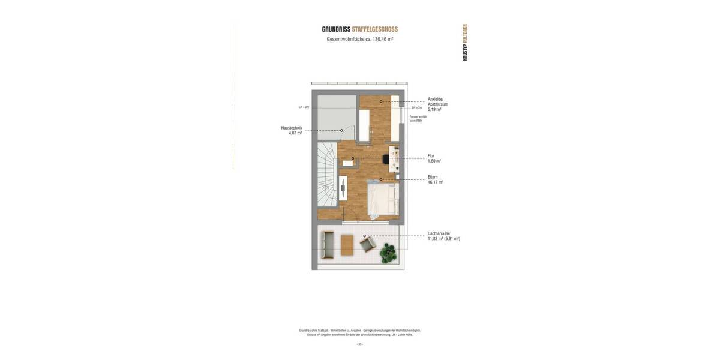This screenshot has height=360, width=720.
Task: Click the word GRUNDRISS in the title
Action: (x=336, y=29)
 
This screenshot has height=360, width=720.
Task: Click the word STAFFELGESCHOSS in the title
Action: (x=375, y=29)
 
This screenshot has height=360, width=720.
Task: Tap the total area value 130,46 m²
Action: (x=382, y=39)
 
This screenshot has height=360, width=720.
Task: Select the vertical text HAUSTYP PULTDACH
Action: (x=465, y=42)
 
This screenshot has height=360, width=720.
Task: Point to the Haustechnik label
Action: (x=292, y=128)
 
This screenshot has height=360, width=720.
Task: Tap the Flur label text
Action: (x=431, y=155)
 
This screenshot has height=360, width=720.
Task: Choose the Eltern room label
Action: (x=433, y=177)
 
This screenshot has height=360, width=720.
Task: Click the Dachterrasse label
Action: (x=439, y=233)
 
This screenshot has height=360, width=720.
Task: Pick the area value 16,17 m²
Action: (x=436, y=182)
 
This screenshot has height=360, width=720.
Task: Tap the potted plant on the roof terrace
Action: (x=388, y=253)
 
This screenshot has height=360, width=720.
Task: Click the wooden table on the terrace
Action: (x=347, y=245)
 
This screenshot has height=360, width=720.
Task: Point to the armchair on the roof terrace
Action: (x=367, y=244)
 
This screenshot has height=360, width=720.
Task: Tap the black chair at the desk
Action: (x=386, y=158)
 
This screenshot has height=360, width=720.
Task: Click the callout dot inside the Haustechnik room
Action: (x=341, y=130)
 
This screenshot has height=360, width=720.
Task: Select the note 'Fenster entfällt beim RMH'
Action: (x=418, y=119)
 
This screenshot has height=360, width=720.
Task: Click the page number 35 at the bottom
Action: (x=360, y=344)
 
